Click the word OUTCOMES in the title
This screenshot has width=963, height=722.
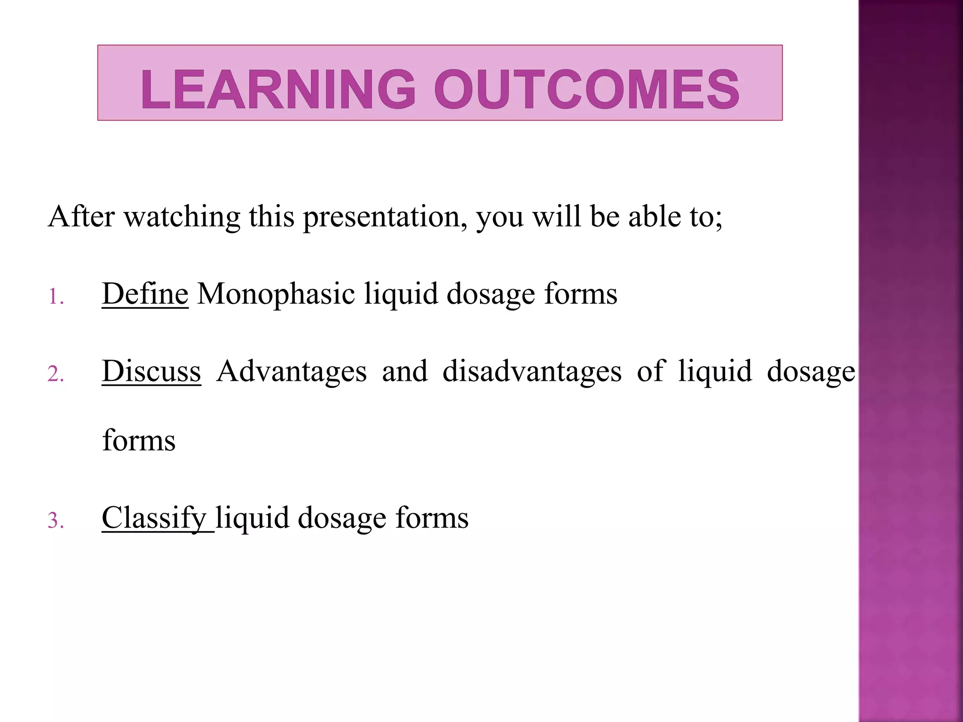pyautogui.click(x=586, y=89)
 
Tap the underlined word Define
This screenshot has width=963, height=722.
pyautogui.click(x=145, y=294)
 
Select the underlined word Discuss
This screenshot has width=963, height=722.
pyautogui.click(x=151, y=371)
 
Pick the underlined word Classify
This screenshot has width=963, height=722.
pyautogui.click(x=154, y=518)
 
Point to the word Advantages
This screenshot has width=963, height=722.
pyautogui.click(x=292, y=371)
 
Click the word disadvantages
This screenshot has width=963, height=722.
pyautogui.click(x=532, y=371)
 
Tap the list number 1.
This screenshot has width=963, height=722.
pyautogui.click(x=55, y=298)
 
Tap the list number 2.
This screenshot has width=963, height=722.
pyautogui.click(x=55, y=375)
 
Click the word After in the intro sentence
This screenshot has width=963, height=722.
pyautogui.click(x=81, y=217)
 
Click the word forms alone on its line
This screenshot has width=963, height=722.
pyautogui.click(x=139, y=441)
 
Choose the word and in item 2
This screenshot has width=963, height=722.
pyautogui.click(x=404, y=371)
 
